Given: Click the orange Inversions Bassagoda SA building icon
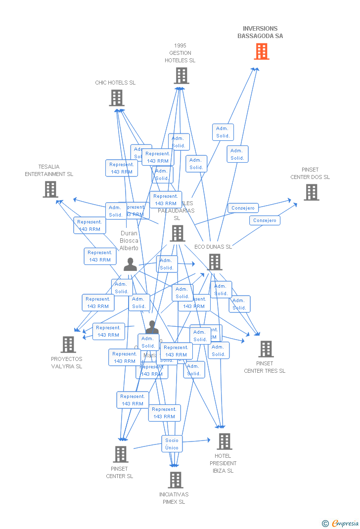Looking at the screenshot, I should tap(262, 51).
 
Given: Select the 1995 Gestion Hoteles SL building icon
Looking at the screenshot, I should tap(181, 76).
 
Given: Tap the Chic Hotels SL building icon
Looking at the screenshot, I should tap(116, 98).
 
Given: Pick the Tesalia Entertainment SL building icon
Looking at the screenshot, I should tap(50, 189).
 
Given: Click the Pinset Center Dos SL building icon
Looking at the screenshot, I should tap(311, 192).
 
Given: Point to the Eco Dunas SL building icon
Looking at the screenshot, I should tap(215, 262).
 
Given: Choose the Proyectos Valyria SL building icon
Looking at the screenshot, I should tap(68, 345).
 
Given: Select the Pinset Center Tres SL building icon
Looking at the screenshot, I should tap(266, 349).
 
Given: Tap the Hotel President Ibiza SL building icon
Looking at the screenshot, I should tap(224, 441).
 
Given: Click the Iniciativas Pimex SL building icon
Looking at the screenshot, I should tap(175, 480).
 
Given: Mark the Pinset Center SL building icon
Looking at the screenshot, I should tap(120, 454).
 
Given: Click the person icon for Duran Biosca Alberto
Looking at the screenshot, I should tap(130, 265).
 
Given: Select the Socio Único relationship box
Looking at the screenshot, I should tap(172, 444).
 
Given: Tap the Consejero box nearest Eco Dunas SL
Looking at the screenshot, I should tap(265, 220).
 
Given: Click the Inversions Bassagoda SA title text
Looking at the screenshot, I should tap(260, 32).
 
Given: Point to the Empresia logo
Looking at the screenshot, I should tap(345, 523).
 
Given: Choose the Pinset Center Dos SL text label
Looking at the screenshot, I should tap(310, 174).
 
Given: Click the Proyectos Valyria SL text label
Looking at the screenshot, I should tap(67, 363).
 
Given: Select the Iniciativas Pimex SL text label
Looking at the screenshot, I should tap(174, 498).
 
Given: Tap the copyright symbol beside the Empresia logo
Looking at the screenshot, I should tap(325, 523).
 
